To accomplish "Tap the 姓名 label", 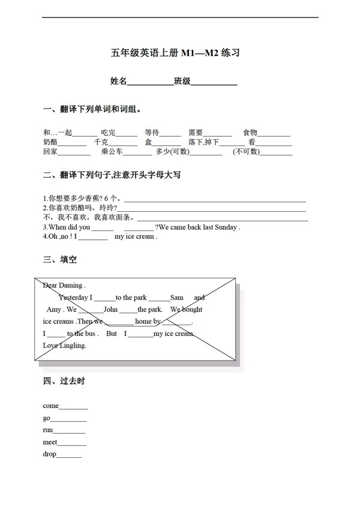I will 118,81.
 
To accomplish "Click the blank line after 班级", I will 214,83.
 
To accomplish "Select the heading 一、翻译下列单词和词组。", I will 92,110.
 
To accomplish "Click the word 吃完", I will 108,133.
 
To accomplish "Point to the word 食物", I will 250,133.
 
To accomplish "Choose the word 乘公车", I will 112,152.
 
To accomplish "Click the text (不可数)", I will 247,152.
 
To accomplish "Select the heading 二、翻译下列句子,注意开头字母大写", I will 112,175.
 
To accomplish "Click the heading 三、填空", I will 59,260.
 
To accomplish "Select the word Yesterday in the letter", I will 74,298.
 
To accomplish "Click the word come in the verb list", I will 50,406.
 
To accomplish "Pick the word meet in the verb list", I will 50,442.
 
